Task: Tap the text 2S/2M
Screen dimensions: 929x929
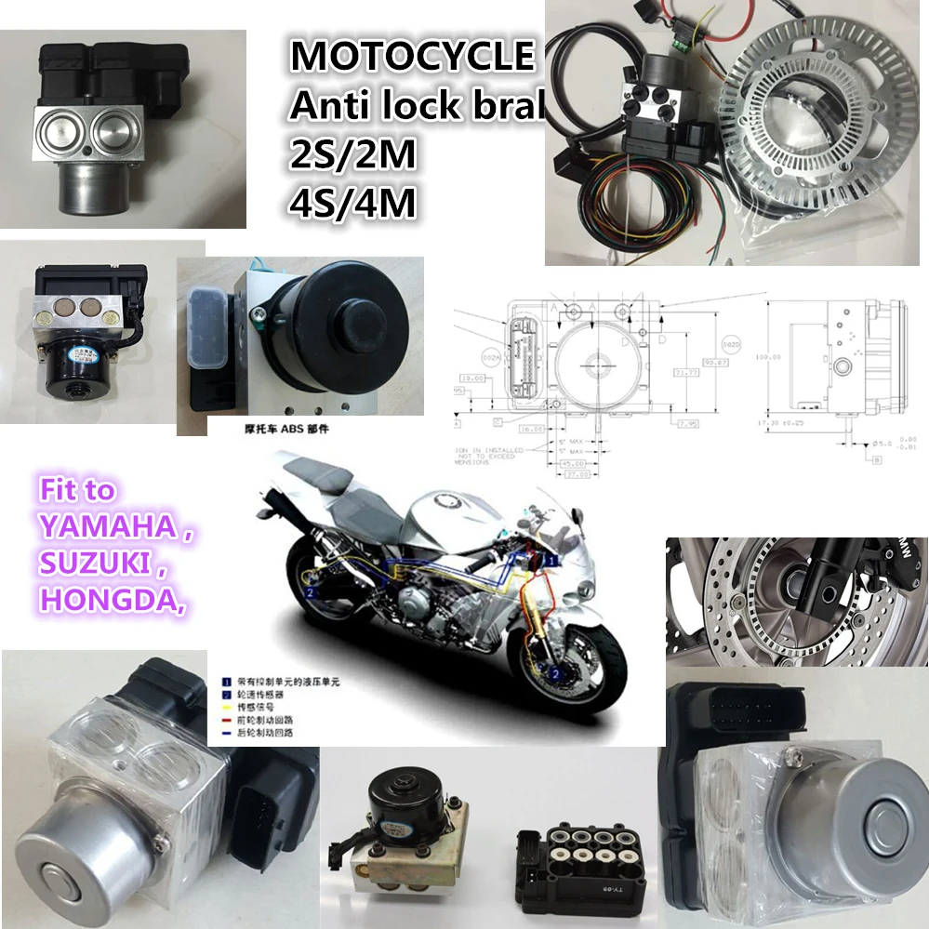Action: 352,155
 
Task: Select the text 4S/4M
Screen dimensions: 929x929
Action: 352,204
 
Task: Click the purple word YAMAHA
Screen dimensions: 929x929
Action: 105,526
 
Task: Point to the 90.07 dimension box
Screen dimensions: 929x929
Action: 715,362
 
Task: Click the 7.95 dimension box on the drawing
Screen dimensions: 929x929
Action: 688,423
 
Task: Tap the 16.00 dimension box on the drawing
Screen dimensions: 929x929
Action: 531,430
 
